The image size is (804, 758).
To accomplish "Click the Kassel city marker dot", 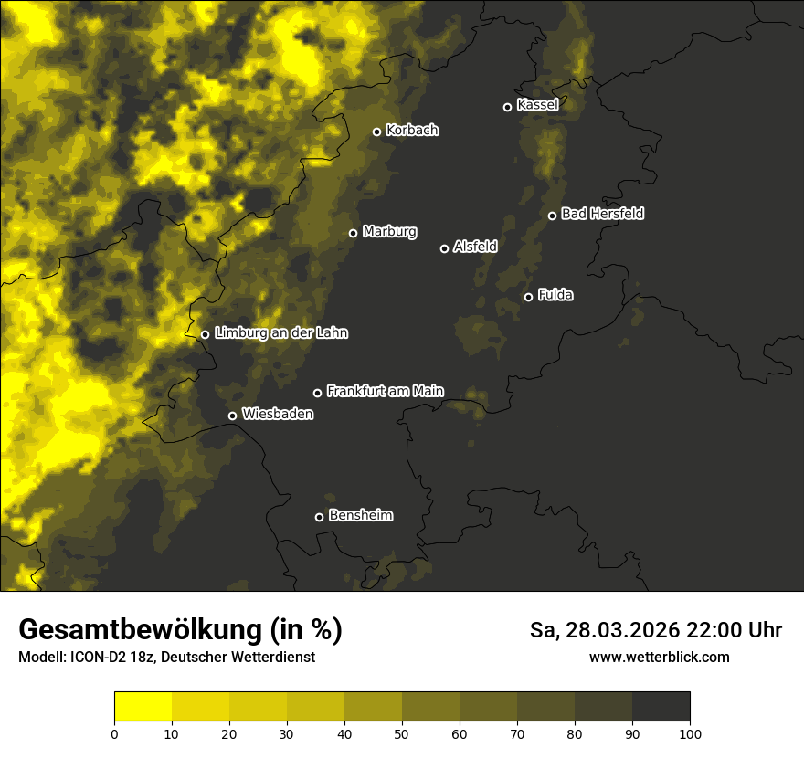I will (507, 107).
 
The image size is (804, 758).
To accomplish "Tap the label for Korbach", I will (412, 131).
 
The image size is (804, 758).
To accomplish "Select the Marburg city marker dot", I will (353, 233).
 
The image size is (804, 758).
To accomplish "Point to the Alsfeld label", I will (475, 247).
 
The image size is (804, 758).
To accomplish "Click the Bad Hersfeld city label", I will (602, 214).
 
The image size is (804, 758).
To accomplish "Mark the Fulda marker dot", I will (528, 297).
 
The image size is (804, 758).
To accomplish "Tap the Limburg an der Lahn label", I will (280, 333).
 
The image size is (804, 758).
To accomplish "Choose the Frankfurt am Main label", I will (385, 391).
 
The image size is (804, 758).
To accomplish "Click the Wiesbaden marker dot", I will (232, 416).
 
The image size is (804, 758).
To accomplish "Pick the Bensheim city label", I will (360, 515).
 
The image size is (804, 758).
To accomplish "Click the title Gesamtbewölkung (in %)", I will (180, 630).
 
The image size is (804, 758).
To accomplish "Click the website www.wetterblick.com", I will (659, 657).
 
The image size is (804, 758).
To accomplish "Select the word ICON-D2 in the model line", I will (94, 658).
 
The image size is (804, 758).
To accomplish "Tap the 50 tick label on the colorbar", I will (402, 733).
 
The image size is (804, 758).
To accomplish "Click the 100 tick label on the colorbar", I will (689, 733).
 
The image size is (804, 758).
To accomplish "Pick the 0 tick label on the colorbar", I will (114, 733).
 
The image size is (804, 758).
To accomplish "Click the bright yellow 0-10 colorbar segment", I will (143, 707).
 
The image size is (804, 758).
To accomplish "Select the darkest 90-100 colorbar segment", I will (661, 707).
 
